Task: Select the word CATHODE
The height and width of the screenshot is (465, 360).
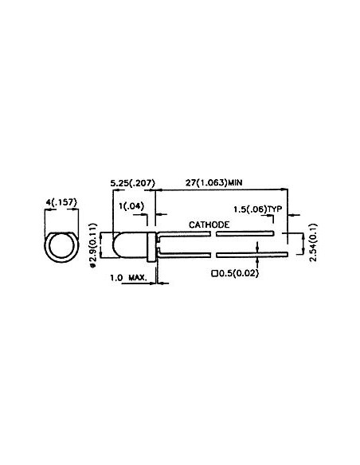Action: tap(209, 225)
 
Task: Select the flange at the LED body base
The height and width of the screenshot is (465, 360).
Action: tap(152, 246)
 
